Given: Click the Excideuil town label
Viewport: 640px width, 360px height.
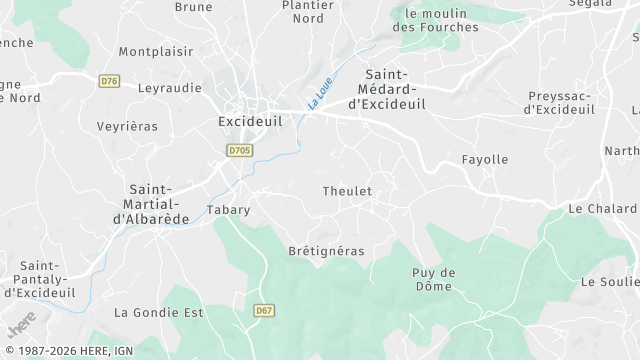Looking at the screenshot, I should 250,121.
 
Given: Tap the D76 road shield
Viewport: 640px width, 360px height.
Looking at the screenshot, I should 110,81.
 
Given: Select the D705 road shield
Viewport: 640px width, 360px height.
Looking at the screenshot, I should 239,151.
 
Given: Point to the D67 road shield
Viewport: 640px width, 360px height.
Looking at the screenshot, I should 264,311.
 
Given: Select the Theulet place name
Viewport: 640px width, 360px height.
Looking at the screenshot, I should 347,191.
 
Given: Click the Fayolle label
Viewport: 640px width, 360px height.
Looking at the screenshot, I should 485,159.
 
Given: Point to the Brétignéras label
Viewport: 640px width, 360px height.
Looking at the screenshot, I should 326,251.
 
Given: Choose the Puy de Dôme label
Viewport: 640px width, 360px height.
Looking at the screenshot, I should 434,279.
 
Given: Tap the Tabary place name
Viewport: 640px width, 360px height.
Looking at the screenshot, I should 228,210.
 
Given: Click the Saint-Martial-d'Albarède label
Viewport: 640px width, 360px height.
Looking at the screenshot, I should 151,204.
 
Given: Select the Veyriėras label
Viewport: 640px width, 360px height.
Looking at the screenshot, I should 127,126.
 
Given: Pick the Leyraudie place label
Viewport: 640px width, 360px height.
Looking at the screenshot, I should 169,88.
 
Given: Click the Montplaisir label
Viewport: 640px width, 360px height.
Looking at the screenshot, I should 156,51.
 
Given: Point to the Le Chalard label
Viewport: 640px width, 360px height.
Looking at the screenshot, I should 602,209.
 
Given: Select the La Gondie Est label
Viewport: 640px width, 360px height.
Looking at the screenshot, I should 159,312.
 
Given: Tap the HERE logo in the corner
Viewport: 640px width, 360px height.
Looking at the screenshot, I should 21,323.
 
